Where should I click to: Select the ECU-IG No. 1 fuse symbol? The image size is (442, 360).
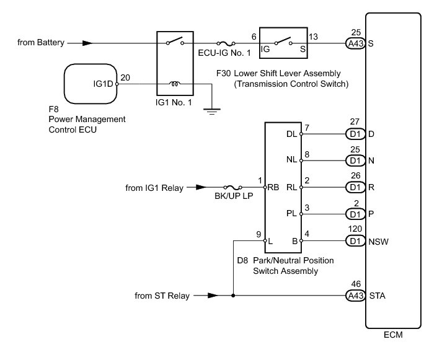229,43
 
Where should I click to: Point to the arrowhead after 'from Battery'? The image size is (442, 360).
89,43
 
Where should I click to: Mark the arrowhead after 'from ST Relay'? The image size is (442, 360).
212,296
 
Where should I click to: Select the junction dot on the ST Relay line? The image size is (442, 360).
233,296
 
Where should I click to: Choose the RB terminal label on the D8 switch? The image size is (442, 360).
273,187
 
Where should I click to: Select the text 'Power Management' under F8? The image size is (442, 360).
87,118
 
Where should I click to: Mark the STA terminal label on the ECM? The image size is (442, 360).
377,296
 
